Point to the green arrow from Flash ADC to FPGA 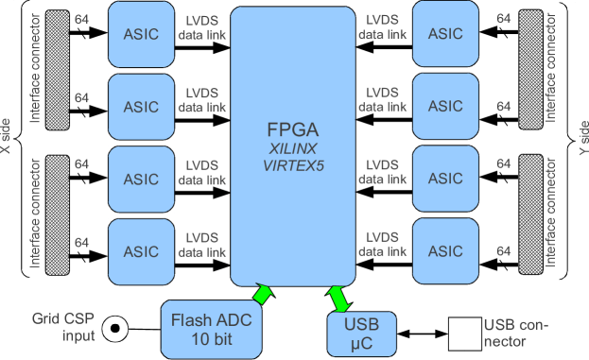tap(264, 294)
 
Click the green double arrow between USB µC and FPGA tap(338, 299)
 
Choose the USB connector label tap(516, 334)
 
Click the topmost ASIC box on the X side tap(141, 33)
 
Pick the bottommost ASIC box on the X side tap(141, 251)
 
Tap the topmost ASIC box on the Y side tap(445, 33)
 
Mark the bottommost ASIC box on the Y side tap(445, 251)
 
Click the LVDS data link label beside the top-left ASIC tap(202, 26)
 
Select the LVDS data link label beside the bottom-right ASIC tap(382, 245)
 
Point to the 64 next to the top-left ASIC tap(81, 19)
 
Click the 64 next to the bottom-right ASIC tap(503, 251)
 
